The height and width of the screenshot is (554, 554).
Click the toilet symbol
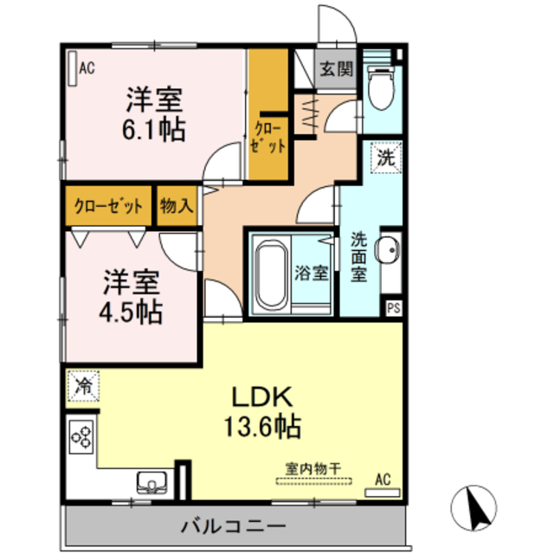click(x=381, y=87)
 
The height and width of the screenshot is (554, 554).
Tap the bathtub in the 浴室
click(x=271, y=274)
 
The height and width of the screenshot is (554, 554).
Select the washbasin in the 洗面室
click(x=388, y=249)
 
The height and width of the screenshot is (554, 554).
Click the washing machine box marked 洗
click(x=386, y=158)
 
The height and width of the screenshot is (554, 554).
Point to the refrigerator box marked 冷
click(x=83, y=385)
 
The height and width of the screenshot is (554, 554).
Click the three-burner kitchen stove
click(x=81, y=436)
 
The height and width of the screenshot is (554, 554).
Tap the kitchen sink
click(x=152, y=482)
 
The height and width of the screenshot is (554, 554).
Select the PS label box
click(x=394, y=308)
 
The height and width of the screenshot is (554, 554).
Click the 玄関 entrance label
click(x=337, y=68)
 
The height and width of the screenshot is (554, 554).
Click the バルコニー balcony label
click(x=234, y=526)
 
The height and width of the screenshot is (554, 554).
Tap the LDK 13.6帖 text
click(x=262, y=412)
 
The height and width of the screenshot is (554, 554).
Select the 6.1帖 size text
click(x=154, y=130)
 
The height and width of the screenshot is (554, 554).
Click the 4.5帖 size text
click(x=131, y=312)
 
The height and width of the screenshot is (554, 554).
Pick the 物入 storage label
click(x=177, y=205)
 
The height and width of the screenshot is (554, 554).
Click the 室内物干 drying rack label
click(x=313, y=469)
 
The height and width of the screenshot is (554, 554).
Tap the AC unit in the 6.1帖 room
click(x=73, y=68)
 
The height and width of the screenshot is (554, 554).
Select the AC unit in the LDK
click(x=383, y=493)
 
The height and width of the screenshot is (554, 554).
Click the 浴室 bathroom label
click(x=312, y=273)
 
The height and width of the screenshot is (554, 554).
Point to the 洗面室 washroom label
click(x=358, y=258)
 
